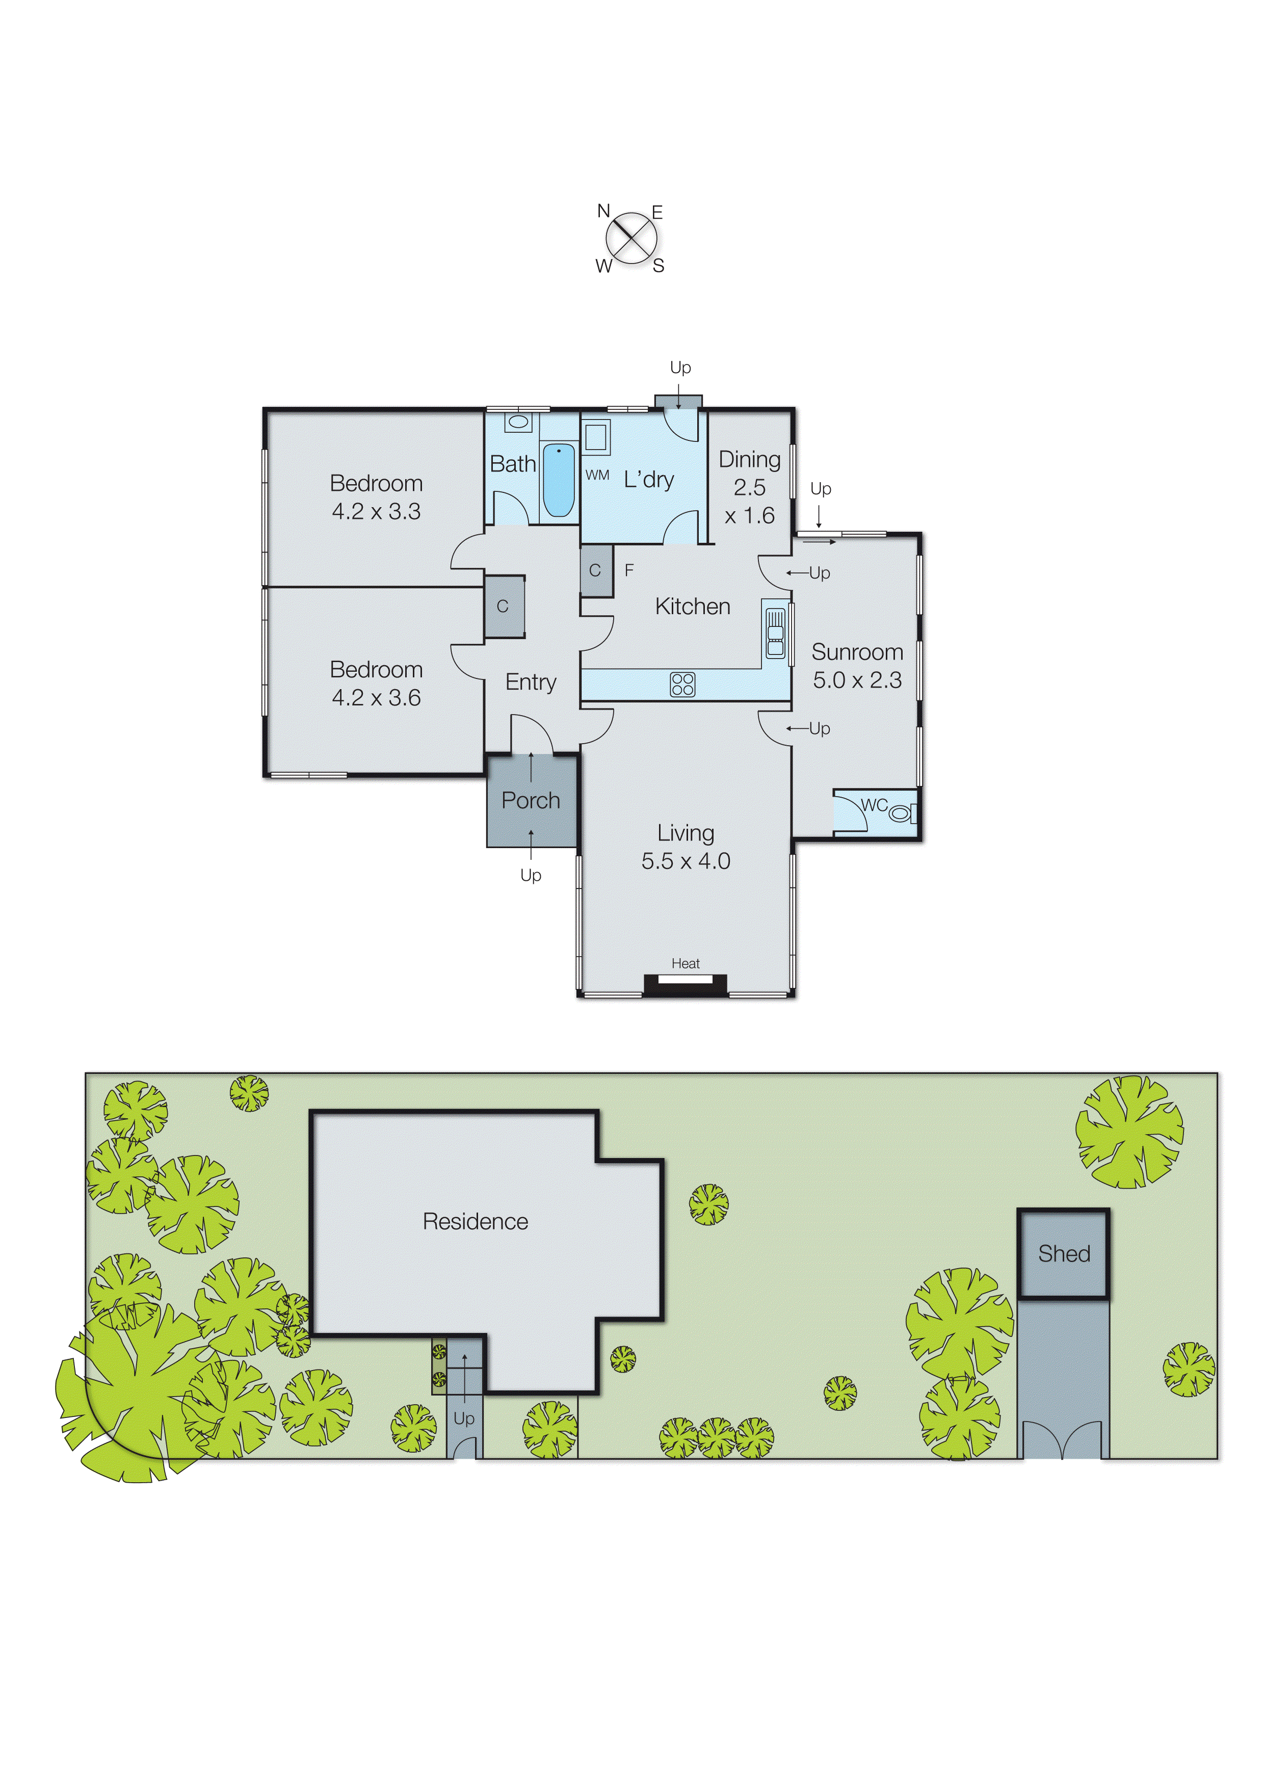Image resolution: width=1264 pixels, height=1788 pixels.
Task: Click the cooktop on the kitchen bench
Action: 682,685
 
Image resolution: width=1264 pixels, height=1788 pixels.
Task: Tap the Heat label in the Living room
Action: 686,963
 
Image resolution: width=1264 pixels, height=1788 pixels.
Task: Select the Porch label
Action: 531,801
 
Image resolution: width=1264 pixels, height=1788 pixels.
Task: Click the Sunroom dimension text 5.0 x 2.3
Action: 857,680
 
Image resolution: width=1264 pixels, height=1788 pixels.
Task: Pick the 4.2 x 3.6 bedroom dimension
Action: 376,698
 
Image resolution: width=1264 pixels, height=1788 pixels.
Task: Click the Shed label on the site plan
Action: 1063,1254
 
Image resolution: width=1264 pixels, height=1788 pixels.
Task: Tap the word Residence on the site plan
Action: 475,1221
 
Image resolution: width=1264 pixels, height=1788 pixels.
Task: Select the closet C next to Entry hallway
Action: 503,606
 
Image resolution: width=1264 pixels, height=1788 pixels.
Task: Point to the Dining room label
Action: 749,459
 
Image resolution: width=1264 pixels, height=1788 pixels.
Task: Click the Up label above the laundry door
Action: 680,367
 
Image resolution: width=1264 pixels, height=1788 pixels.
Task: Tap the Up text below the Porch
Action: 531,875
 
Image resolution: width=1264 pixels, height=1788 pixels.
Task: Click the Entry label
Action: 531,682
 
